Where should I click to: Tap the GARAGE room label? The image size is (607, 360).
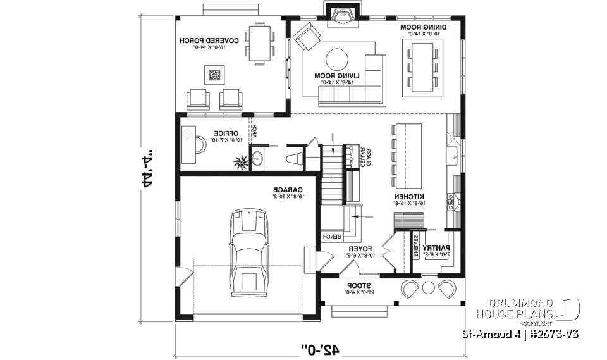tap(288, 192)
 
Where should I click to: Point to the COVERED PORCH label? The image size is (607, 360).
tap(209, 43)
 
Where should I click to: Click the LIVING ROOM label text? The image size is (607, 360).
tap(337, 78)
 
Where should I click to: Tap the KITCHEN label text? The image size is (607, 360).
tap(416, 200)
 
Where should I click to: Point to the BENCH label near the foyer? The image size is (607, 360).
tap(332, 237)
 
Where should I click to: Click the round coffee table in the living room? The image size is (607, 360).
tap(336, 61)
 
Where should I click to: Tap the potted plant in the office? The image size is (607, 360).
tap(241, 162)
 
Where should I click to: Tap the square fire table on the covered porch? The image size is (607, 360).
tap(215, 75)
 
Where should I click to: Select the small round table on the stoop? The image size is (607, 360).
tap(429, 289)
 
